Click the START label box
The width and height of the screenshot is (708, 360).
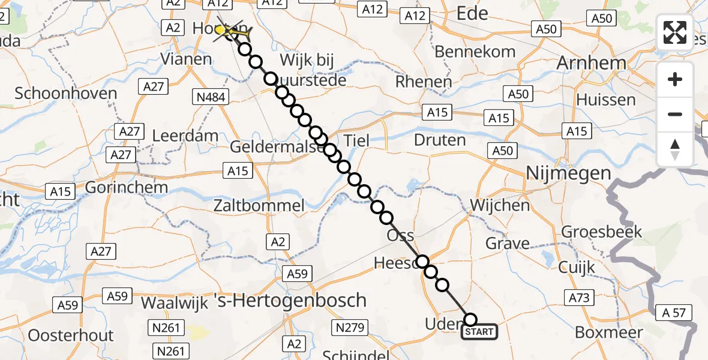[479, 332]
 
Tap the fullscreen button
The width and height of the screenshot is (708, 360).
[675, 32]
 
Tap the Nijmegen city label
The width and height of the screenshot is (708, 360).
[568, 174]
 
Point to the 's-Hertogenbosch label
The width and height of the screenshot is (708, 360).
[290, 299]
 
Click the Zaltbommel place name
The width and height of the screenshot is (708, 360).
[259, 206]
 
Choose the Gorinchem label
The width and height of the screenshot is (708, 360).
[126, 187]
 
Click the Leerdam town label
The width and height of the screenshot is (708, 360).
[185, 136]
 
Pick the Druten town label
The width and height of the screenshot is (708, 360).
[440, 140]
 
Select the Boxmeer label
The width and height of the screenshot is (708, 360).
[608, 332]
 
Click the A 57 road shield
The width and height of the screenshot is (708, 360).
[674, 312]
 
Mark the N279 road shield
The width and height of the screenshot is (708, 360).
[349, 327]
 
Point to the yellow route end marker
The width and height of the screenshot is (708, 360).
[221, 29]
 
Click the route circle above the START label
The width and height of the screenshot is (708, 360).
[470, 320]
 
